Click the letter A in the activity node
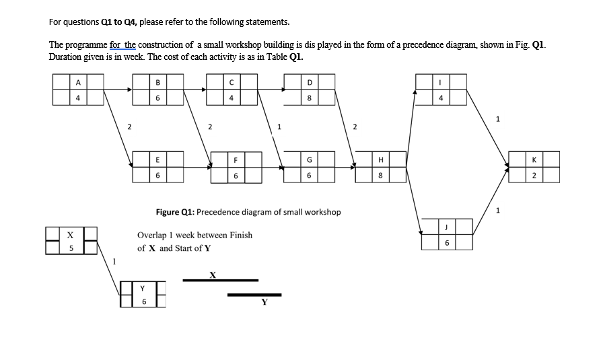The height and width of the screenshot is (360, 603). (79, 83)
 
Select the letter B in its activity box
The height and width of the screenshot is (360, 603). (158, 83)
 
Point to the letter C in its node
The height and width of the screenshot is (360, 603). (231, 83)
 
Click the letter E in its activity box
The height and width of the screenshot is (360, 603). (158, 160)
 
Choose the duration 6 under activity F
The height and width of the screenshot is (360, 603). (236, 175)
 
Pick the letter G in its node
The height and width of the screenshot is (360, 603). (309, 160)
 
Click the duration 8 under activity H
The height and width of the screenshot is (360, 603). (382, 175)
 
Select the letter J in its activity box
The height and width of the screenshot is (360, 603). (448, 227)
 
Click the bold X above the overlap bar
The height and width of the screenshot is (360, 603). (213, 274)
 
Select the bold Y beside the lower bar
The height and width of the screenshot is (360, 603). (264, 301)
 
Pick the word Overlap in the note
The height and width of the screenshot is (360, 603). (153, 236)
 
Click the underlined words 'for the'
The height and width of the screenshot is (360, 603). (123, 45)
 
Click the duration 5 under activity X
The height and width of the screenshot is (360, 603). (70, 248)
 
